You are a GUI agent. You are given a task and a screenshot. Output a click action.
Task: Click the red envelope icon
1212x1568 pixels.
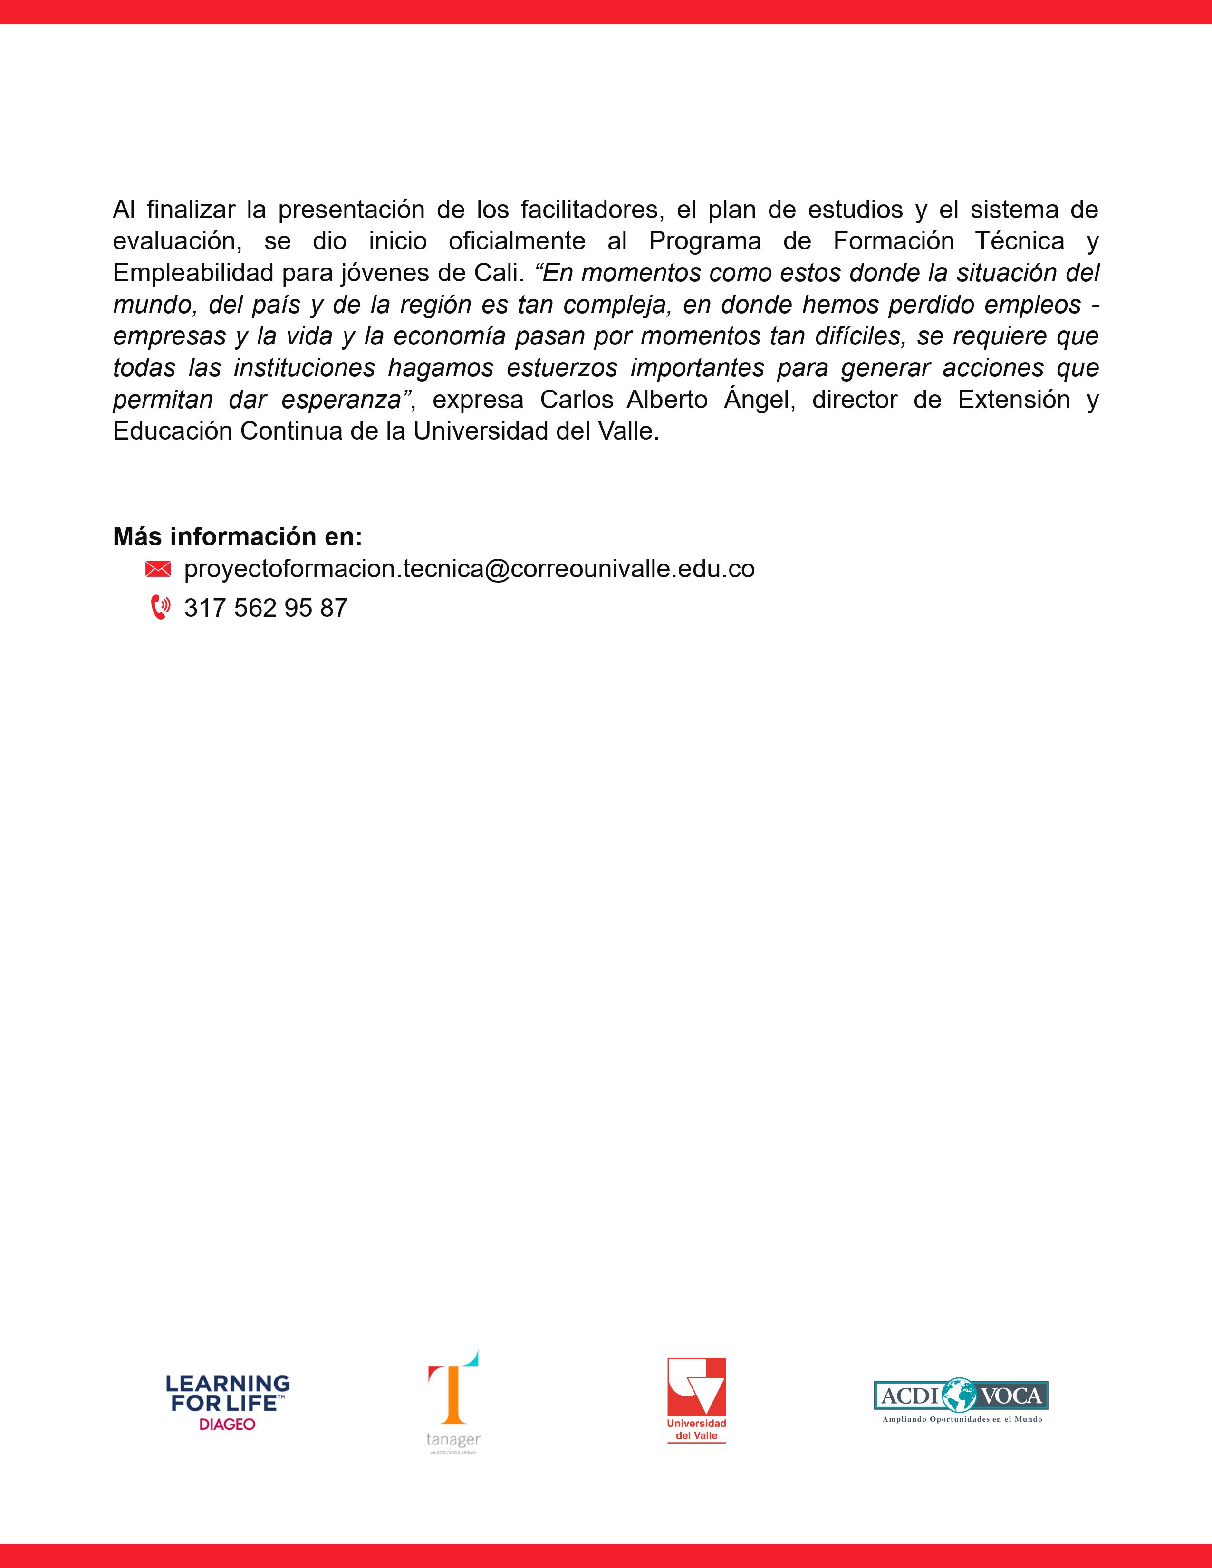click(158, 569)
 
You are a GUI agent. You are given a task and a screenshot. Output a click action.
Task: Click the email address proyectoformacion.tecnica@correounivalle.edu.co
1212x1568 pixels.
click(469, 569)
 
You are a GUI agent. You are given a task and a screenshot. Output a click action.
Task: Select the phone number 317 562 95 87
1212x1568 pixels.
click(266, 608)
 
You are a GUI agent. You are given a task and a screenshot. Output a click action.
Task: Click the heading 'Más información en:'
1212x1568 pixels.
click(238, 536)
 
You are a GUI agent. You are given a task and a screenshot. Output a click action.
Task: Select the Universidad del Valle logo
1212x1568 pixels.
click(696, 1400)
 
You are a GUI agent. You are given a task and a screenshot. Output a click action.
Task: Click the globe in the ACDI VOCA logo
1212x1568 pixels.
click(961, 1396)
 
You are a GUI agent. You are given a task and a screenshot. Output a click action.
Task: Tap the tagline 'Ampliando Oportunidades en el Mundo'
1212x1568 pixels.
click(962, 1419)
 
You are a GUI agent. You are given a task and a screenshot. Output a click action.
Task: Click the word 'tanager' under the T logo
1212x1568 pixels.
click(453, 1440)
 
